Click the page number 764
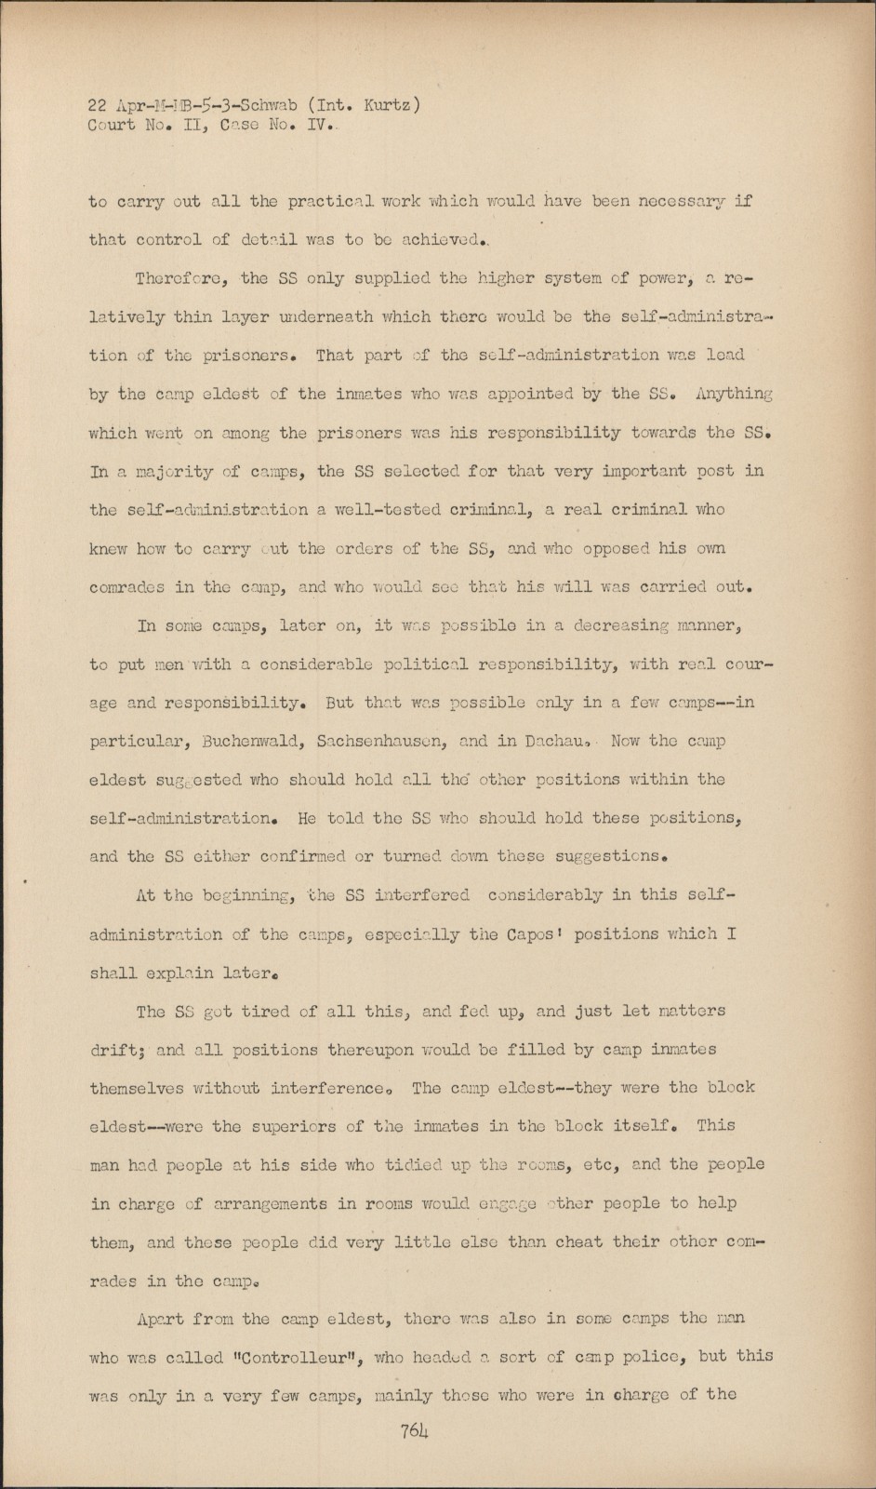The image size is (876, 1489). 415,1431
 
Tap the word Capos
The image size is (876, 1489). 534,933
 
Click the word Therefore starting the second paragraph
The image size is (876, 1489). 182,278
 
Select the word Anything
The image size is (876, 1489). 733,394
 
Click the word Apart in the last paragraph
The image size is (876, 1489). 160,1319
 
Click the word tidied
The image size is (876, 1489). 410,1165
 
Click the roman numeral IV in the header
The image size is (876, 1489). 317,125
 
